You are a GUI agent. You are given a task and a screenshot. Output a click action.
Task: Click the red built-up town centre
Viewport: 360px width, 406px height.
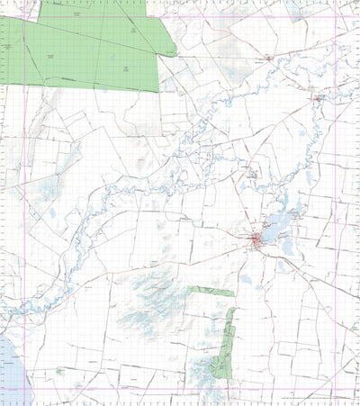[x=257, y=239]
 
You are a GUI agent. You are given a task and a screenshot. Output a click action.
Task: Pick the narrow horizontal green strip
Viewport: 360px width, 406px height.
[x=211, y=291]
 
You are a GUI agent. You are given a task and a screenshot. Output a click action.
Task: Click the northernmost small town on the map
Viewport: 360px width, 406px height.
[x=269, y=59]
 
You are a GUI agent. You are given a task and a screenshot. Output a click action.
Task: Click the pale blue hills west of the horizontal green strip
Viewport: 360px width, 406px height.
[x=148, y=302]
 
